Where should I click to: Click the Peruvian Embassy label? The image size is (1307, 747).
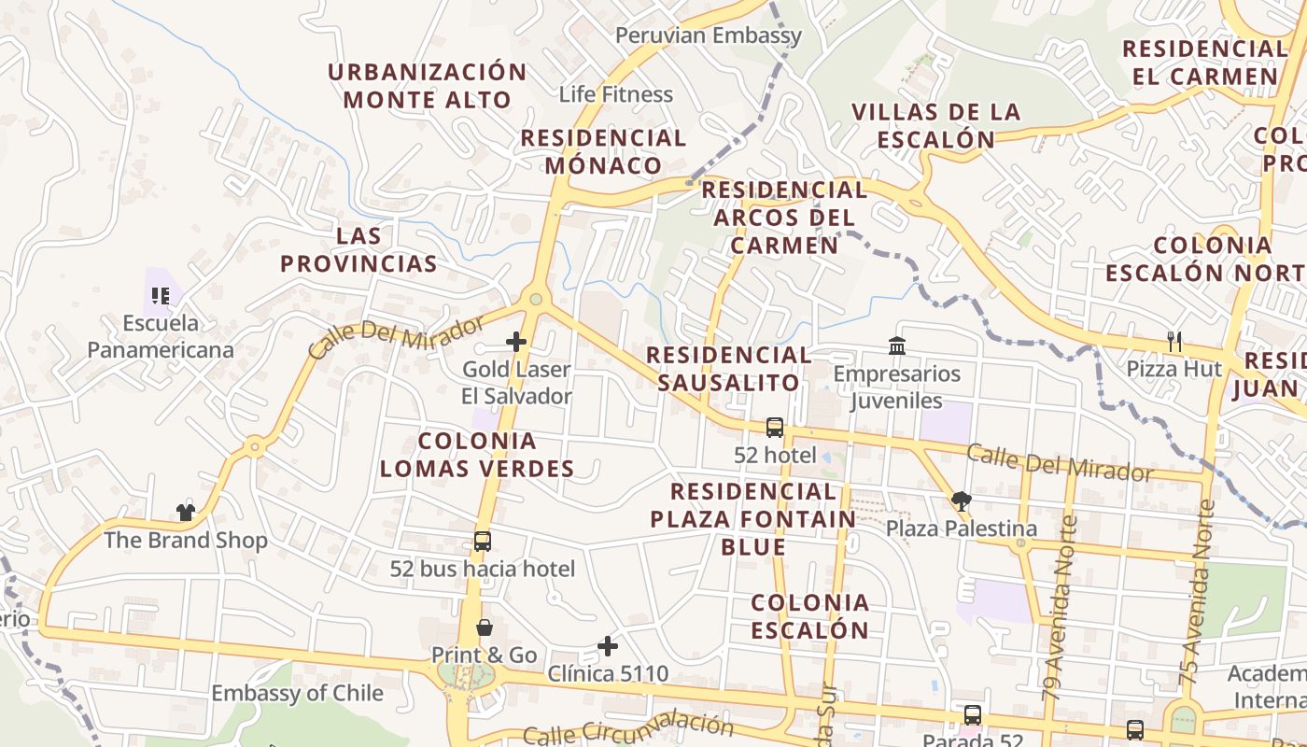[x=708, y=36]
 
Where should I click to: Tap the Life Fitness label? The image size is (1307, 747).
[x=615, y=94]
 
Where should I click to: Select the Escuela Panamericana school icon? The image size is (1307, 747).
[x=161, y=296]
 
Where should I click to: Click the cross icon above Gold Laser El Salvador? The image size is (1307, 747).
[x=516, y=342]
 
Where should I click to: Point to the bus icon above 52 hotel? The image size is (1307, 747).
[x=774, y=428]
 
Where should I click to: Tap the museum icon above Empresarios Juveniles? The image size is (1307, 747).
[x=897, y=346]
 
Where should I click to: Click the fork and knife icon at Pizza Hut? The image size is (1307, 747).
[x=1174, y=342]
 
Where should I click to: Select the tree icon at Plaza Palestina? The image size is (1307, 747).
[x=961, y=501]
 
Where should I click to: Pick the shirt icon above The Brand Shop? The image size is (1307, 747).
[x=185, y=513]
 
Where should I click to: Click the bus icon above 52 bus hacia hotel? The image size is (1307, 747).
[x=482, y=541]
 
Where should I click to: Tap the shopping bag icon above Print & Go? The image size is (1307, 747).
[x=484, y=627]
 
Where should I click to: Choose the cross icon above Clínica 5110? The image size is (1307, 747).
[x=608, y=646]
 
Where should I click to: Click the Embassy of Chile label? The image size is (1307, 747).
[x=297, y=694]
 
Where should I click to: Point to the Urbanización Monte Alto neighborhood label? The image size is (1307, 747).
[x=428, y=86]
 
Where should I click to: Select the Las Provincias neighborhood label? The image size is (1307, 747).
[x=358, y=249]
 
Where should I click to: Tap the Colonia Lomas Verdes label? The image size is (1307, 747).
[x=476, y=455]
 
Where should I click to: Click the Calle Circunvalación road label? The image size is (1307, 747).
[x=627, y=729]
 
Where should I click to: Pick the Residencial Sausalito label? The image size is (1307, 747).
[x=728, y=369]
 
